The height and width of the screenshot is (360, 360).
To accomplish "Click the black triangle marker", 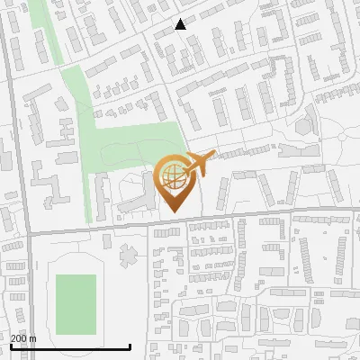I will coord(181,24).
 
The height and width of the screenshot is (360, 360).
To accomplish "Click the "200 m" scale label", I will coord(23,338).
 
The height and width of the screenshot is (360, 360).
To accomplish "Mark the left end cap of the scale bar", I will coord(11,346).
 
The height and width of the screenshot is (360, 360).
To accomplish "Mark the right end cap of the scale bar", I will coord(130,346).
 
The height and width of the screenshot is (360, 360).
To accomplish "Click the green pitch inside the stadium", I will coord(76,304).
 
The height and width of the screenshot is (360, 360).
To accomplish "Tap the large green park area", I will coord(135,144).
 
